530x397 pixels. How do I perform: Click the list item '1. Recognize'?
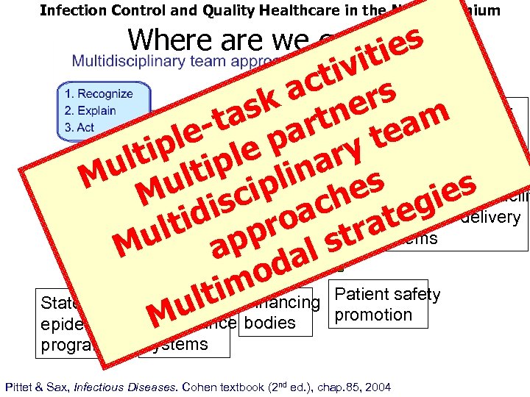tap(99, 94)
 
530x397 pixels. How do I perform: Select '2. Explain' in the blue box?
tap(91, 111)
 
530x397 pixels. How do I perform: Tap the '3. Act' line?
tap(79, 127)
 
